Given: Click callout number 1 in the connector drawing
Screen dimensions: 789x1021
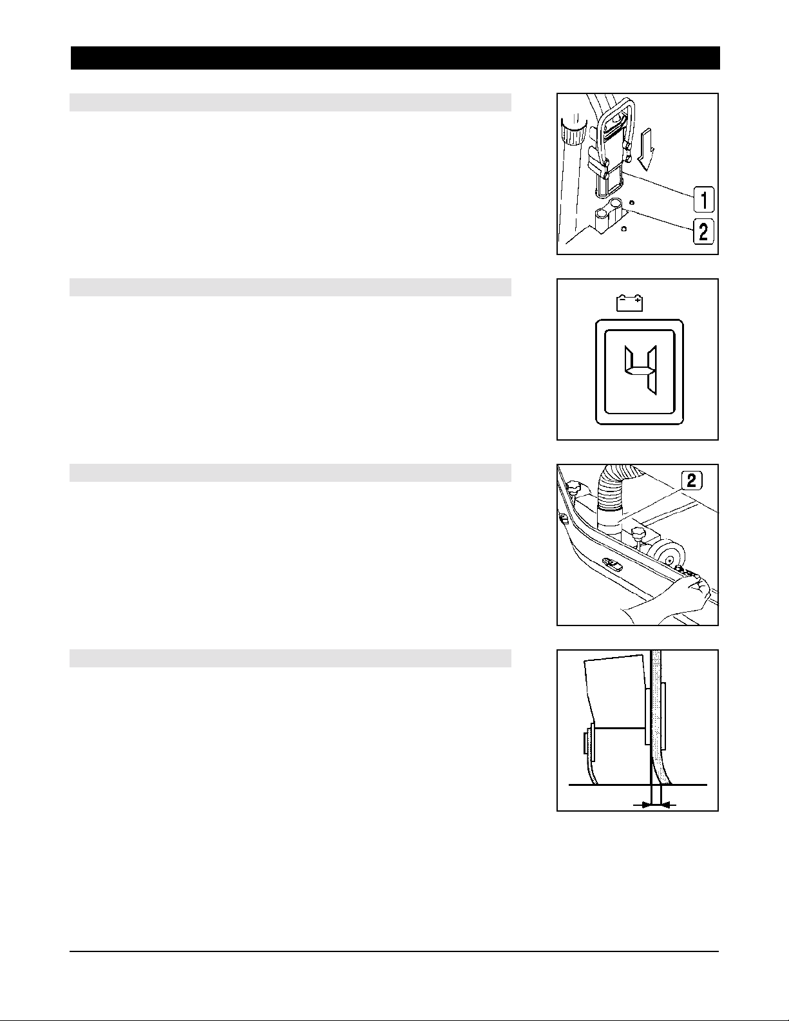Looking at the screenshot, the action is (703, 200).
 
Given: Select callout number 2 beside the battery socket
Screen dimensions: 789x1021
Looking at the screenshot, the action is (703, 232).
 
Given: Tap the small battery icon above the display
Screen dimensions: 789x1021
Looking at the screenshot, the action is (629, 303).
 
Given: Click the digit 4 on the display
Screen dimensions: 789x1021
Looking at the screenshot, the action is (640, 370).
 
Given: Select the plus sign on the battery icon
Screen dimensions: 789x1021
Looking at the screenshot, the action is (637, 300).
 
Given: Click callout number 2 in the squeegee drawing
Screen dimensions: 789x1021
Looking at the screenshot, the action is (692, 481).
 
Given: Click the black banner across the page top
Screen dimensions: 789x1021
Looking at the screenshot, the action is (395, 58).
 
